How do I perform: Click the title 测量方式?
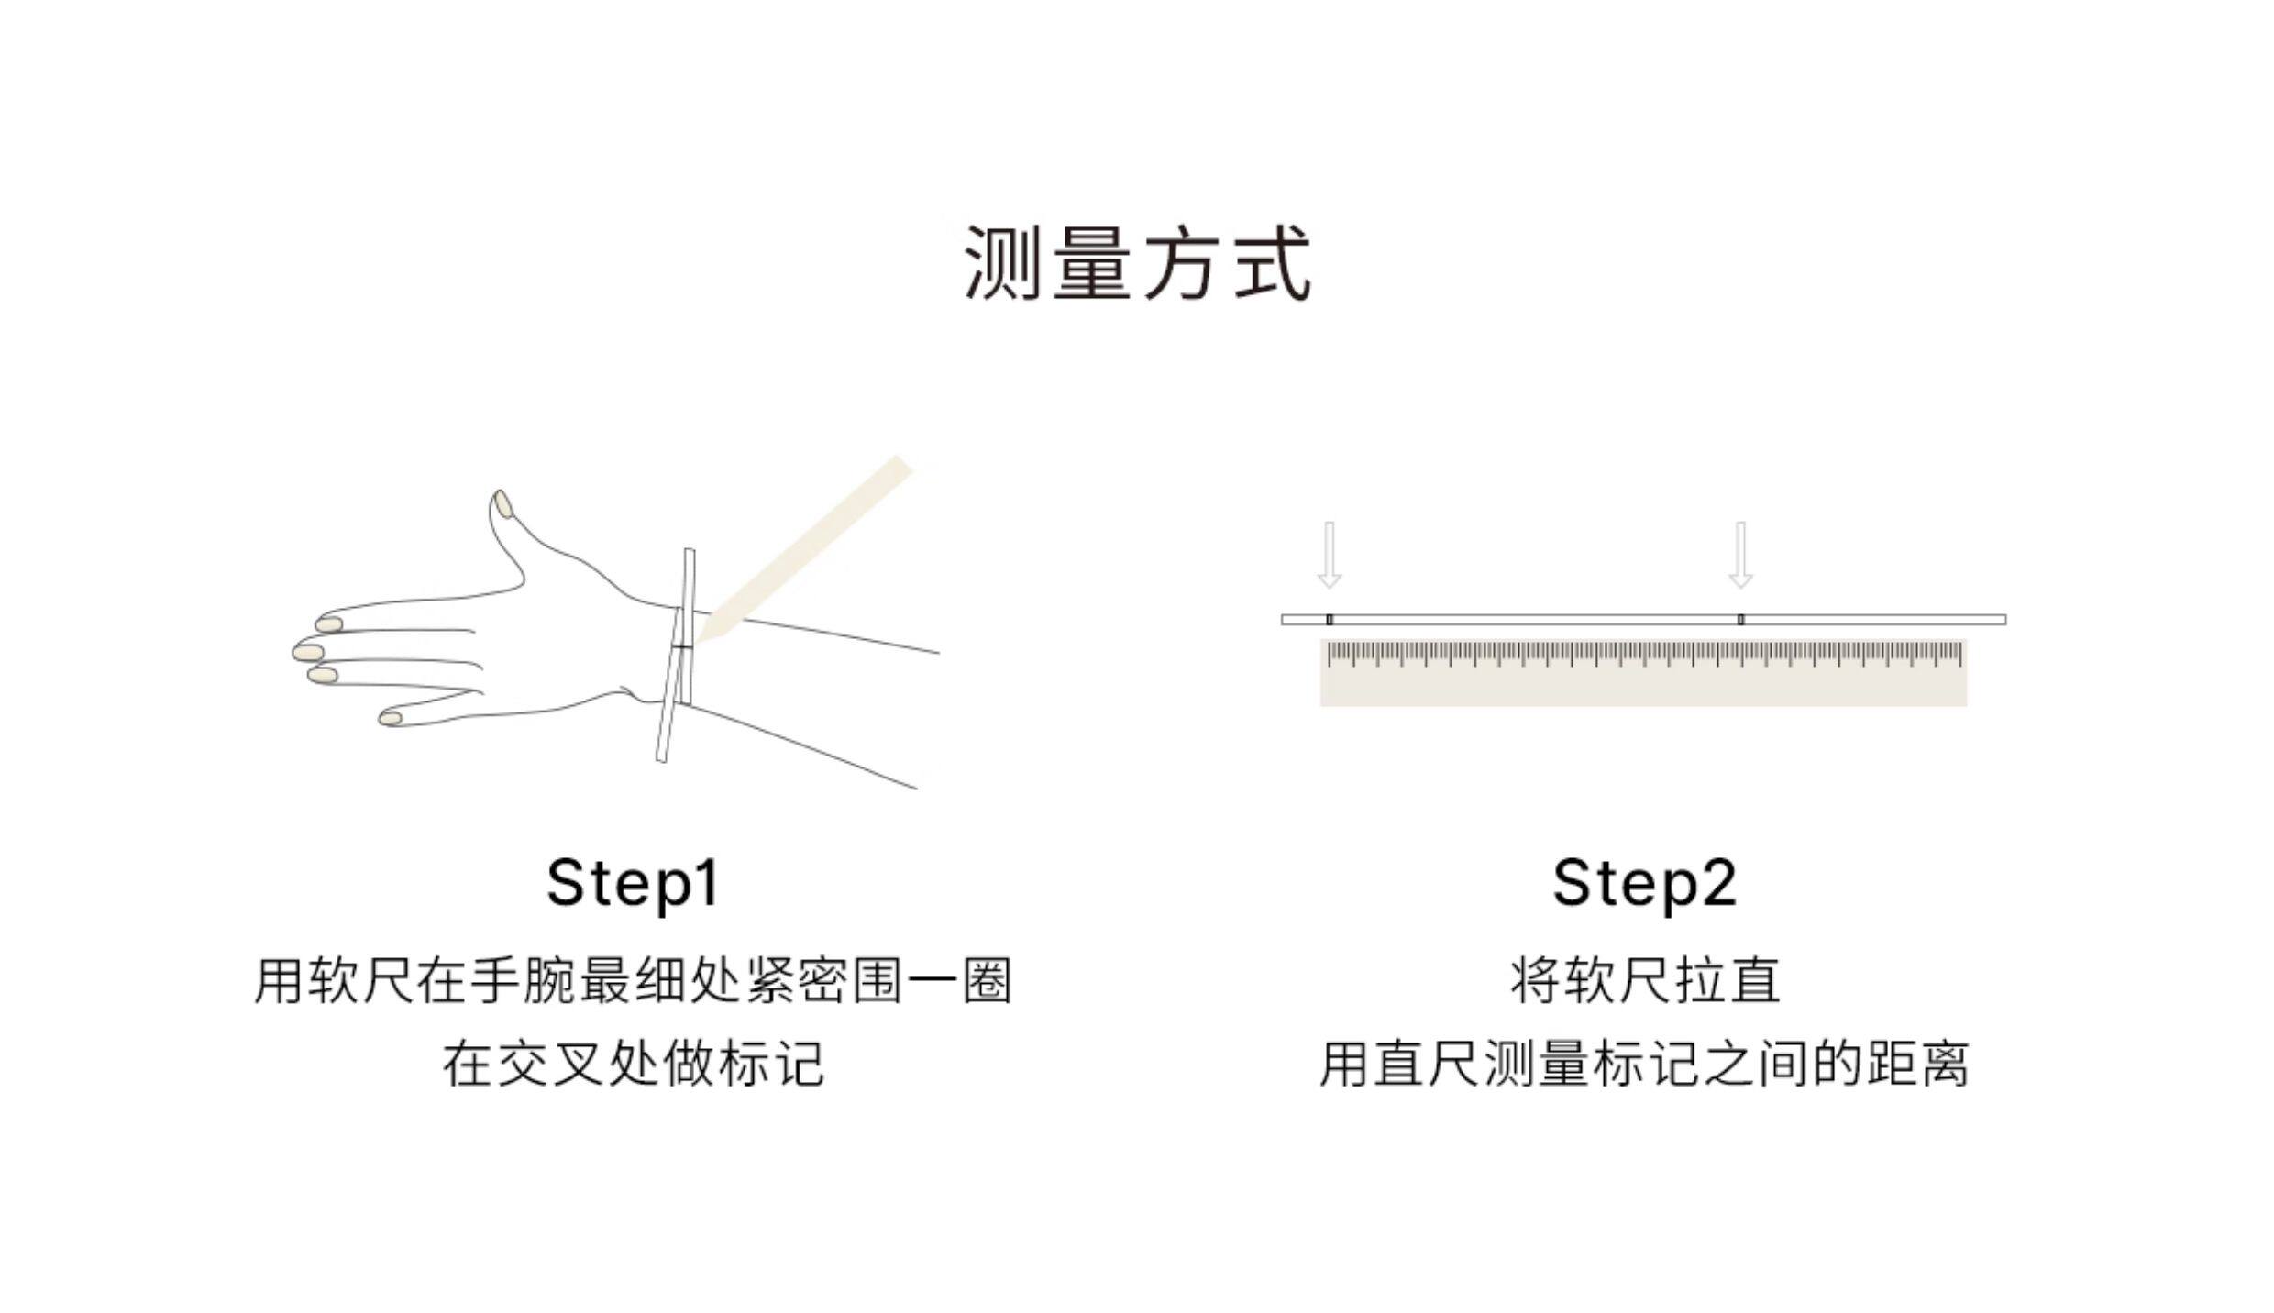(1137, 264)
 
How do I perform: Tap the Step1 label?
(633, 882)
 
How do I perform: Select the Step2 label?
(1644, 882)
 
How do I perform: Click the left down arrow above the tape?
(1329, 554)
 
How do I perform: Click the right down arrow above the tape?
(1740, 554)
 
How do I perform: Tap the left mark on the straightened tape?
(1329, 620)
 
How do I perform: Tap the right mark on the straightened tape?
(1740, 620)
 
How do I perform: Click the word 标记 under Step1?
(771, 1064)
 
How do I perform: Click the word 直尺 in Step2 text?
(1426, 1064)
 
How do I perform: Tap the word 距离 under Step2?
(1915, 1064)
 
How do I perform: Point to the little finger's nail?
(391, 718)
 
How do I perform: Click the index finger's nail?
(329, 624)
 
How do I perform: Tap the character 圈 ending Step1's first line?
(987, 981)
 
